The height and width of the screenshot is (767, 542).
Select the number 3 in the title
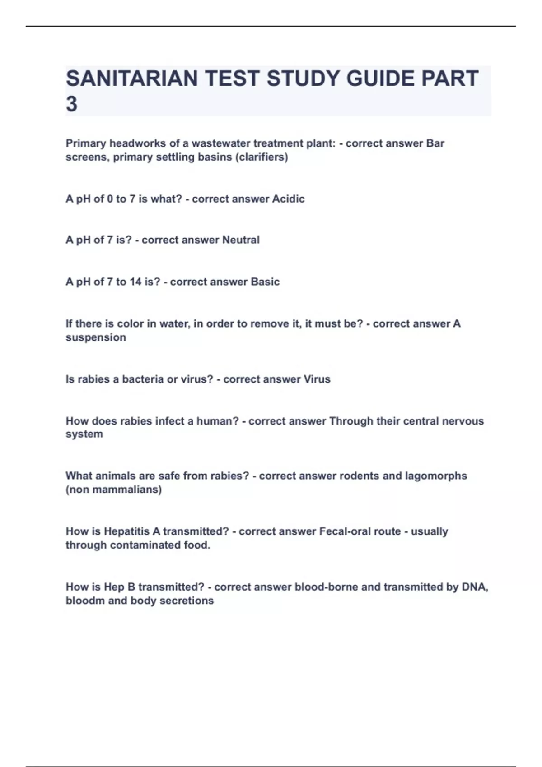(x=71, y=104)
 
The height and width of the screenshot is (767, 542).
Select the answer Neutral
(x=241, y=240)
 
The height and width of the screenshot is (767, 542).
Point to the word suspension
(x=96, y=337)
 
